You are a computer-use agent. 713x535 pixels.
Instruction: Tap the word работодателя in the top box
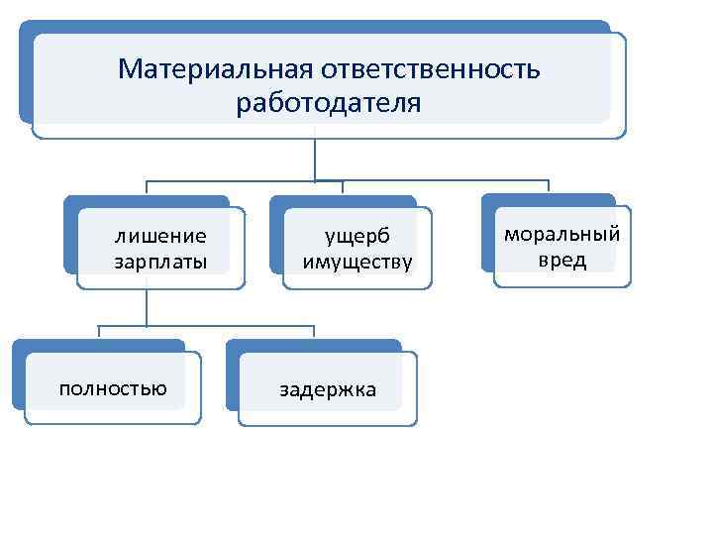[x=329, y=103]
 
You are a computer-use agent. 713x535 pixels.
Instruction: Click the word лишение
[x=160, y=236]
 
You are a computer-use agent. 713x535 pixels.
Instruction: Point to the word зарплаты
[x=160, y=263]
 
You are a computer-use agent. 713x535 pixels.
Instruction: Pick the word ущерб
[x=358, y=236]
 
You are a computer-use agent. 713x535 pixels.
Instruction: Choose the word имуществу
[x=357, y=263]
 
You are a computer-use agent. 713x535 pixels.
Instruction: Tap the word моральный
[x=562, y=235]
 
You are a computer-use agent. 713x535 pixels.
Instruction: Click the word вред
[x=562, y=261]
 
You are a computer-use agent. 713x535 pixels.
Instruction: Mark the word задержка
[x=328, y=389]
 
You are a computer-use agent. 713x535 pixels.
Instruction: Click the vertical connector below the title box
[x=315, y=159]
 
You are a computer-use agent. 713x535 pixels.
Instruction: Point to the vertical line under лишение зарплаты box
[x=147, y=307]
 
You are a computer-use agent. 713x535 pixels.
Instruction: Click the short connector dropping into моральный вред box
[x=549, y=187]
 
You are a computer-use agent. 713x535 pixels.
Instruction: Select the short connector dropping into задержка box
[x=314, y=333]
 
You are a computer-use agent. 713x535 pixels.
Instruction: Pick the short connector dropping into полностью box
[x=99, y=333]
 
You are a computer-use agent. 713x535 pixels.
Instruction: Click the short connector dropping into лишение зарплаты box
[x=147, y=188]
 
